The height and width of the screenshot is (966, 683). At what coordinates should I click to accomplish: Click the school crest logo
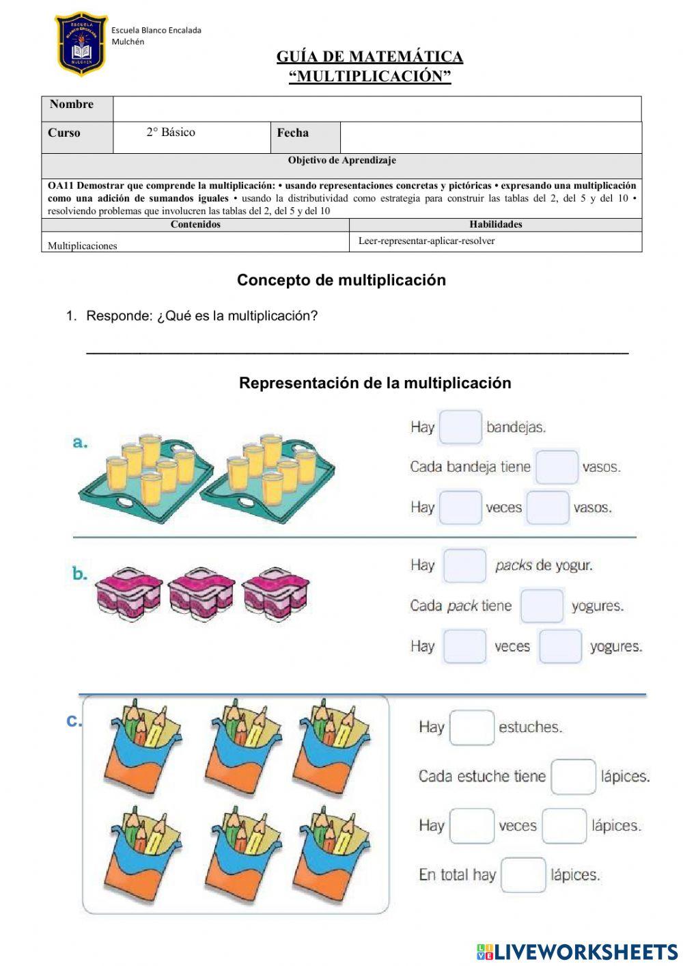coord(81,44)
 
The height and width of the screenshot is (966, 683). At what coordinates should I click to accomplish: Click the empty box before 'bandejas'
coord(460,427)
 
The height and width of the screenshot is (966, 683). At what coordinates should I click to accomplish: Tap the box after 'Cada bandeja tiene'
coord(556,467)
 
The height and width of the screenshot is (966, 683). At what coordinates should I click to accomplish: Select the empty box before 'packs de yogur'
coord(464,565)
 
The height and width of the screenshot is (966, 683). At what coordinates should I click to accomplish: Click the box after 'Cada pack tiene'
coord(542,606)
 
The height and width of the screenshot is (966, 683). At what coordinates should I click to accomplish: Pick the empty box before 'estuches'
coord(471,727)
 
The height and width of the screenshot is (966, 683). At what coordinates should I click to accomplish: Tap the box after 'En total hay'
coord(523,875)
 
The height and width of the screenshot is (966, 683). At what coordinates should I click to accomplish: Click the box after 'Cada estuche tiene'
coord(573,777)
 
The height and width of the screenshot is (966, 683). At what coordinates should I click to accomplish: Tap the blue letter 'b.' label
coord(80,574)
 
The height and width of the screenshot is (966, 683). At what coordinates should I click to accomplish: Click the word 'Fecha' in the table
coord(292,133)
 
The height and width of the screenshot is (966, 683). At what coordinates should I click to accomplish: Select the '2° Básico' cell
coord(171,133)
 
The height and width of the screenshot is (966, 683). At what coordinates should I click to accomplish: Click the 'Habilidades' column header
coord(495,224)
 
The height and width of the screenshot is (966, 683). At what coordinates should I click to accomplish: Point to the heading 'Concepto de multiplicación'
coord(341,280)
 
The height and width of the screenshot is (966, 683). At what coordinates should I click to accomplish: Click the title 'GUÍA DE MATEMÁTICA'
coord(370,57)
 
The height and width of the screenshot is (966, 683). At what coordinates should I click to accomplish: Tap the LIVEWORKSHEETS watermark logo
coord(576,952)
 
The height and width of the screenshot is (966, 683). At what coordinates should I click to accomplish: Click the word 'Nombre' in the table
coord(72,105)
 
